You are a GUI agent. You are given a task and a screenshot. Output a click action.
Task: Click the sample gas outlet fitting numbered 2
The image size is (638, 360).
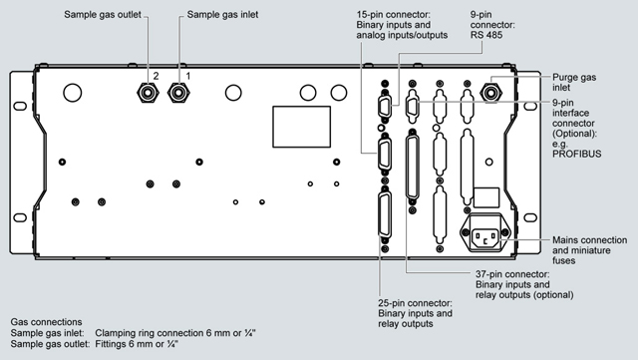pos(148,93)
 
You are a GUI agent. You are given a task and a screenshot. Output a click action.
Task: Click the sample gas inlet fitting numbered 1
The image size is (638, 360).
pos(178,93)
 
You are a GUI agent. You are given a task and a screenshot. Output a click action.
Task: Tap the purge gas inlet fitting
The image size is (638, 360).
pos(491,93)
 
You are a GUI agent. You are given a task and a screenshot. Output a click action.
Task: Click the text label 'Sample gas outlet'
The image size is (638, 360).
pos(103,15)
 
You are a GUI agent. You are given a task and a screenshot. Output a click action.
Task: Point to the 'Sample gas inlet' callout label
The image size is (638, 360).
pos(222,15)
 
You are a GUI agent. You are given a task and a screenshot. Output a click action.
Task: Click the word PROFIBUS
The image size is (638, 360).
pos(576,154)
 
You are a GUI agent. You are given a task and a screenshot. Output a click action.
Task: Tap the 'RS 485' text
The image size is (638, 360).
pos(486,35)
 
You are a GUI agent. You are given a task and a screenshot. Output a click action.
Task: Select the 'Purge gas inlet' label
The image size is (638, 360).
pos(574,82)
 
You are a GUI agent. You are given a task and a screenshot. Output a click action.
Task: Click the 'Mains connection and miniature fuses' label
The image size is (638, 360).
pos(589,250)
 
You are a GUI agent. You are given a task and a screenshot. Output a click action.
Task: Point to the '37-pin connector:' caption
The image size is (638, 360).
pos(512,274)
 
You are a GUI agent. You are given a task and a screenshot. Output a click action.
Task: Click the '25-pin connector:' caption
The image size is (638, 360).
pos(415,303)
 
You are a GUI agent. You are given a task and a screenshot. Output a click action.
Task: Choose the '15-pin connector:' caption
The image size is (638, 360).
pos(394,15)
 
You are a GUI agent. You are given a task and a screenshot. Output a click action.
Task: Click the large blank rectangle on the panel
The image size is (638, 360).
pos(301,127)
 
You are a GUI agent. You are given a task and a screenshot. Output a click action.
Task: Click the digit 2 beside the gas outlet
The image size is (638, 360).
pos(156,76)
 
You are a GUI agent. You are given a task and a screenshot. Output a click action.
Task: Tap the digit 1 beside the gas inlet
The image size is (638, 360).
pos(188,76)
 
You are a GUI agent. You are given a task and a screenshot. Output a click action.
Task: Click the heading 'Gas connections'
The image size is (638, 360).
pos(46,322)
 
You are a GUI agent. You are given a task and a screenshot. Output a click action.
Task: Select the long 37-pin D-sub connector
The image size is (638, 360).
pos(412,168)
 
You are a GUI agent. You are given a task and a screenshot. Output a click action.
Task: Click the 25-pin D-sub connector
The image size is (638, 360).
pos(385,214)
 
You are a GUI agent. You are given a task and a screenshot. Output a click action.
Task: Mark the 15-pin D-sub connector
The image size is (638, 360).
pos(385,154)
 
